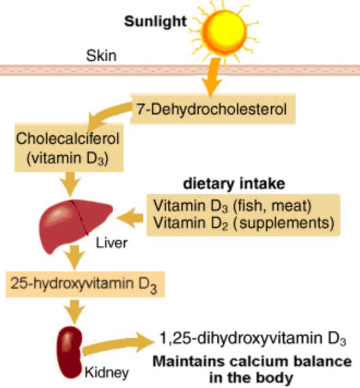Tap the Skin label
click(101, 56)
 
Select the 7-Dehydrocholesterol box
click(213, 110)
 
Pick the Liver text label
click(111, 242)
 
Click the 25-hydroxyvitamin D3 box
click(84, 284)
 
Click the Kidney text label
click(107, 373)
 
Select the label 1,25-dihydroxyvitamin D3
click(253, 338)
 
